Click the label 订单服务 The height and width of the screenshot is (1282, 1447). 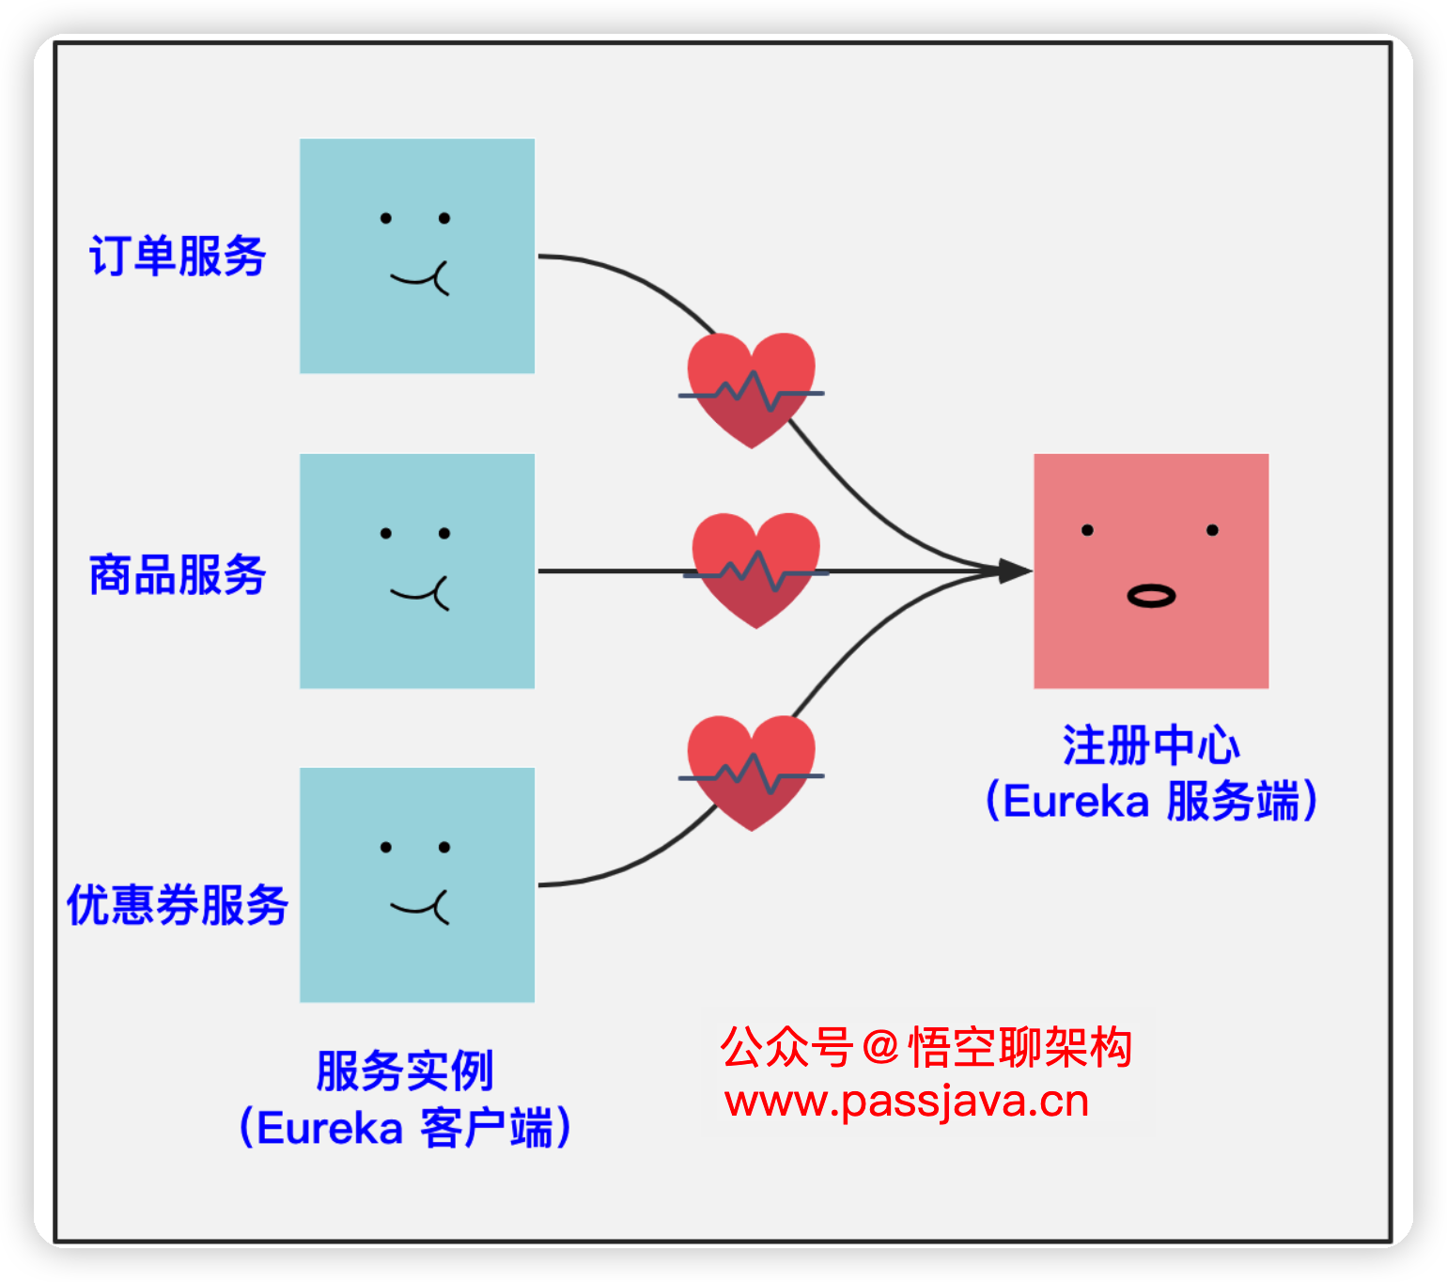[178, 256]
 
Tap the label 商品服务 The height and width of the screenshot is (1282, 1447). [178, 574]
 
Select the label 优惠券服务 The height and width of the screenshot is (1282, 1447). [177, 905]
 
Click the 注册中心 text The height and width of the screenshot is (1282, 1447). [1151, 745]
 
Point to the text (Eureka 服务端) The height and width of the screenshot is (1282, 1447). [1151, 802]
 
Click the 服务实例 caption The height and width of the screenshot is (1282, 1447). [405, 1071]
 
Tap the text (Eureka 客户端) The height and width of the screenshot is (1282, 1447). [405, 1127]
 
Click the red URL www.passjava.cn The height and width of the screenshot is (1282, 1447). [907, 1102]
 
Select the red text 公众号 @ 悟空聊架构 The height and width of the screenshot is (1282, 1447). [926, 1047]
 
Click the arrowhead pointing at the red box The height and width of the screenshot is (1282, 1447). [1015, 571]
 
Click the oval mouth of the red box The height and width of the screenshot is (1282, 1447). [1151, 596]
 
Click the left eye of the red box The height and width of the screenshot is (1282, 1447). [1087, 530]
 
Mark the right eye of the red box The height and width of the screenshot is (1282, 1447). [1212, 530]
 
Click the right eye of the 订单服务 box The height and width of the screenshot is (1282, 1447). [444, 218]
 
